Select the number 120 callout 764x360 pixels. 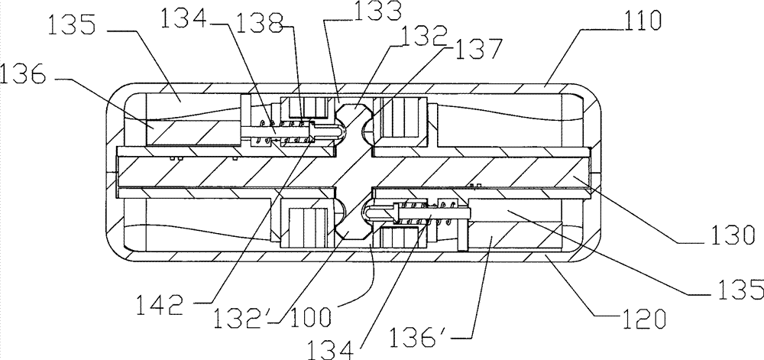pos(643,320)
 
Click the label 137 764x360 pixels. pos(474,48)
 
